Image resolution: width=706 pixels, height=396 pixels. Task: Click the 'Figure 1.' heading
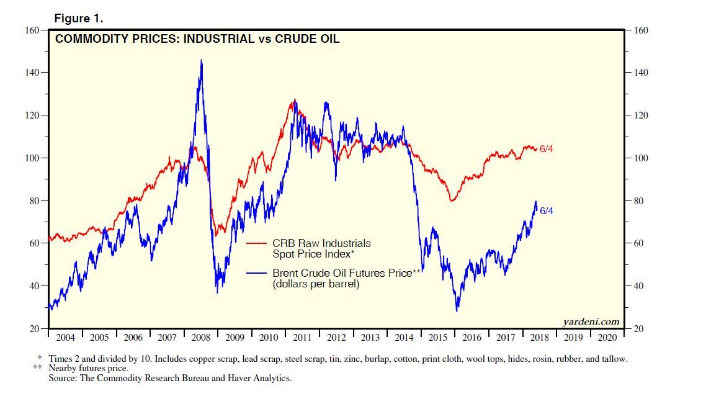pyautogui.click(x=78, y=19)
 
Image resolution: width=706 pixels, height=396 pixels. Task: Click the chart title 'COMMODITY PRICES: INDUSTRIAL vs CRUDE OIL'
pyautogui.click(x=197, y=39)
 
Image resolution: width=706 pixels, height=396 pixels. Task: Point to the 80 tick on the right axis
pyautogui.click(x=638, y=201)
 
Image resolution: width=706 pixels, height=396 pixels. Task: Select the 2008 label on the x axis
pyautogui.click(x=200, y=338)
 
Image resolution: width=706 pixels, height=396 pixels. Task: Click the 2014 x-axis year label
pyautogui.click(x=404, y=338)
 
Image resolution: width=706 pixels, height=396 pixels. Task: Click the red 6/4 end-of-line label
pyautogui.click(x=546, y=149)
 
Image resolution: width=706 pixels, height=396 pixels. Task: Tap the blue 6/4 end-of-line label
pyautogui.click(x=546, y=211)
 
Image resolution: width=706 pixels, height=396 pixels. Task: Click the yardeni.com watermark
pyautogui.click(x=591, y=321)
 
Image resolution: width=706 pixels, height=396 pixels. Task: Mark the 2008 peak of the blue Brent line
pyautogui.click(x=201, y=60)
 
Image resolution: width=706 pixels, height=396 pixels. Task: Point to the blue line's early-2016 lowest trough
pyautogui.click(x=457, y=310)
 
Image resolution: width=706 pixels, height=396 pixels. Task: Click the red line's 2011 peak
pyautogui.click(x=294, y=100)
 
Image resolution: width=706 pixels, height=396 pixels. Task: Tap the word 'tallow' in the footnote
pyautogui.click(x=614, y=359)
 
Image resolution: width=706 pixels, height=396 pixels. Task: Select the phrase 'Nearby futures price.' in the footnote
pyautogui.click(x=89, y=368)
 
